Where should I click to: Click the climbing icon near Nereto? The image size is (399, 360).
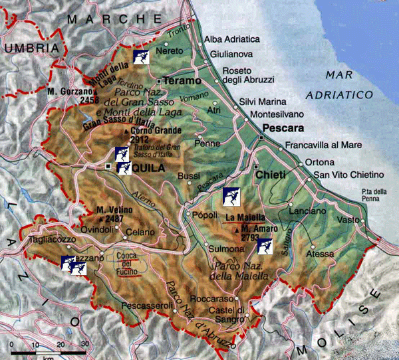click(x=140, y=56)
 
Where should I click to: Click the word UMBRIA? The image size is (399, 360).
click(x=27, y=48)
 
